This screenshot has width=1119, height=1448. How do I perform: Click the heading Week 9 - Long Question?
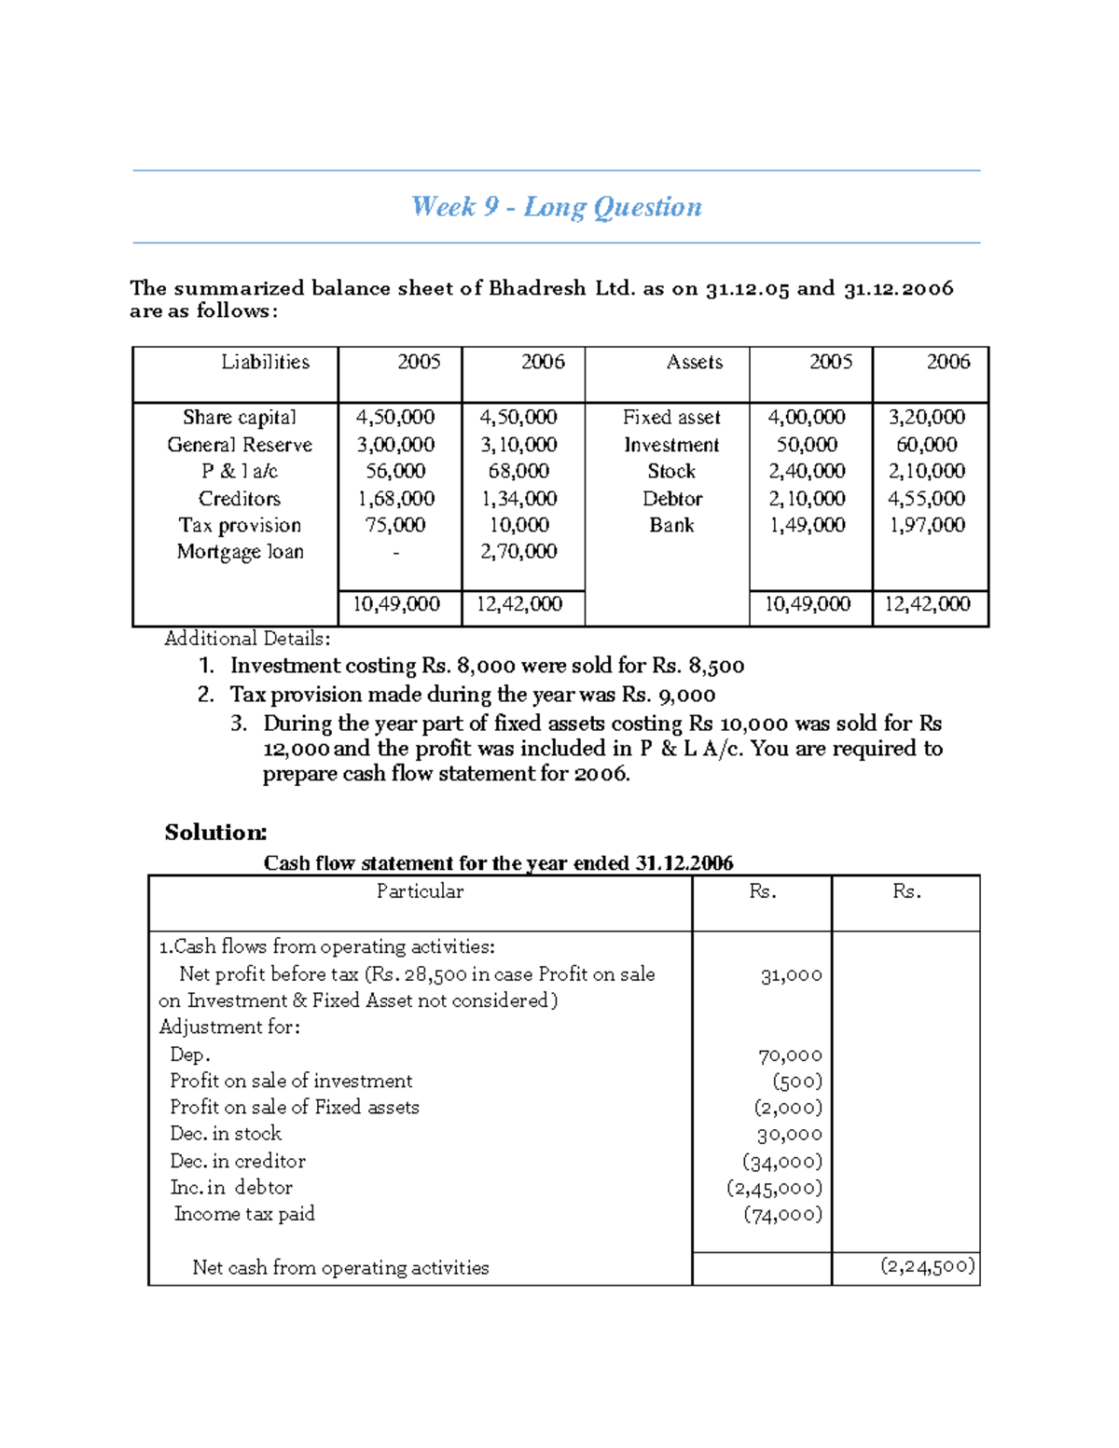click(x=557, y=207)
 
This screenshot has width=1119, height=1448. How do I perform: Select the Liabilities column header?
click(x=265, y=362)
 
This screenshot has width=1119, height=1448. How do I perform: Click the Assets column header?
click(x=694, y=362)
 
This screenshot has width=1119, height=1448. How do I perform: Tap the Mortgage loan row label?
click(x=240, y=552)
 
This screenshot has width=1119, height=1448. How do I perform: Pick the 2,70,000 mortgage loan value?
click(x=519, y=552)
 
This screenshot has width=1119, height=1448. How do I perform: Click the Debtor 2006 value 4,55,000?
click(x=926, y=499)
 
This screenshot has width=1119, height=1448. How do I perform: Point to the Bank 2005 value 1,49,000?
click(x=807, y=525)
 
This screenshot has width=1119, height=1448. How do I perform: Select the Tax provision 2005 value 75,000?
click(x=395, y=525)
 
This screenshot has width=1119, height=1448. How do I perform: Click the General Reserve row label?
click(x=240, y=445)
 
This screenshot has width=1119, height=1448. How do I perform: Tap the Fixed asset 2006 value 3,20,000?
click(x=926, y=418)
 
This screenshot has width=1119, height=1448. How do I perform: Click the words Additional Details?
click(x=246, y=639)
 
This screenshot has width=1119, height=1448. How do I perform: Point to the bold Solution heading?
click(x=215, y=833)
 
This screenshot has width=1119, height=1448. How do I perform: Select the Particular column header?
click(x=420, y=891)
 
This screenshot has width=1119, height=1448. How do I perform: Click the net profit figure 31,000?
click(x=791, y=975)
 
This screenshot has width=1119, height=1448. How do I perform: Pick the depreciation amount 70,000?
click(x=790, y=1055)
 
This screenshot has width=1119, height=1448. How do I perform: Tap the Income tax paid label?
click(x=244, y=1214)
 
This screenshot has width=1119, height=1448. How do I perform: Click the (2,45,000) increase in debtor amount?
click(x=774, y=1188)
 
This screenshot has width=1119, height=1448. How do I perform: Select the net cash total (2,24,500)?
click(x=928, y=1266)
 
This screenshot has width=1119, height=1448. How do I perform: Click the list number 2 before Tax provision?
click(x=206, y=695)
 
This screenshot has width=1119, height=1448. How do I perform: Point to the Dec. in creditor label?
click(x=237, y=1161)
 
